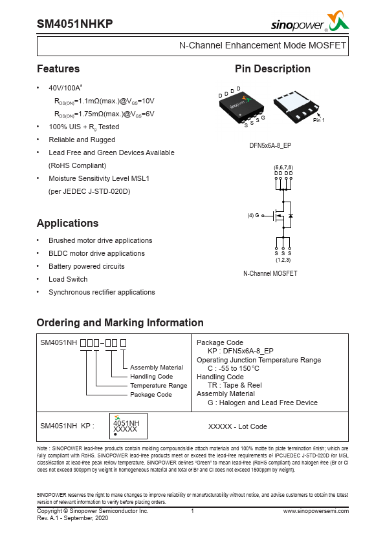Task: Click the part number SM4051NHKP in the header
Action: tap(75, 23)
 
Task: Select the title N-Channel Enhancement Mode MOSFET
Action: tap(262, 46)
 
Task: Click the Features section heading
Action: tap(58, 69)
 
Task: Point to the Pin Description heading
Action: tap(272, 69)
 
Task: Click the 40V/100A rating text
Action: tap(65, 88)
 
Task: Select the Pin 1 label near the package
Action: tap(318, 121)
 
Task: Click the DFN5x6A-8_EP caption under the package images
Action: tap(270, 146)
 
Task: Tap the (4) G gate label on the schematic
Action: tap(253, 215)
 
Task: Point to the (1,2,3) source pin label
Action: tap(283, 259)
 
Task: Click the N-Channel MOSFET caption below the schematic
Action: tap(270, 273)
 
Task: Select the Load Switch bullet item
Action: tap(68, 279)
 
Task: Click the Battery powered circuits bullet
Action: tap(87, 266)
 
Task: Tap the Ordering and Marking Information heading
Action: tap(120, 323)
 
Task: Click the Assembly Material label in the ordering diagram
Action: tap(157, 368)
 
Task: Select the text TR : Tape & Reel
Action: tap(235, 386)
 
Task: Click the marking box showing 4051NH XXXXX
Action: tap(127, 426)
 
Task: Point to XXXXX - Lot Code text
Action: tap(237, 426)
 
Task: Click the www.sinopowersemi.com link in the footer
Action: tap(316, 510)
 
